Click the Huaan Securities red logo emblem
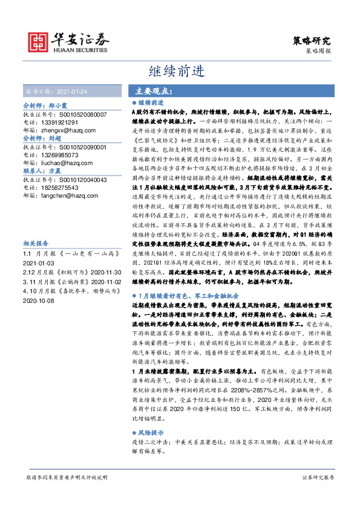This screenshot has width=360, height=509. (41, 41)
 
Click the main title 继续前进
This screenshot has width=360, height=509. (180, 71)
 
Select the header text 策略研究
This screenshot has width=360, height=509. (312, 41)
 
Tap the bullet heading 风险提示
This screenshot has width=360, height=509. (150, 433)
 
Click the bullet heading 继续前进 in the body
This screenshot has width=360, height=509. (150, 103)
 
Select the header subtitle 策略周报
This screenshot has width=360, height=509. (319, 53)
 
